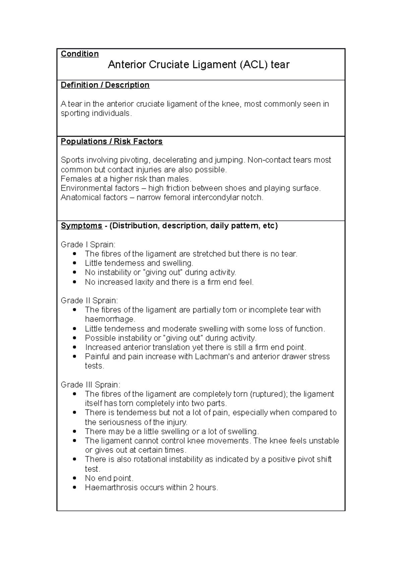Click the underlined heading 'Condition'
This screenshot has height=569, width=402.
(79, 54)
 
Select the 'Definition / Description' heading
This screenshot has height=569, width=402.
(105, 85)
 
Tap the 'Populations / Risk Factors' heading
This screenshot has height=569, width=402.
(112, 141)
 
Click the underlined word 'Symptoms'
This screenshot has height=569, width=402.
(81, 226)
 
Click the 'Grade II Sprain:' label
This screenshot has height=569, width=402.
(89, 301)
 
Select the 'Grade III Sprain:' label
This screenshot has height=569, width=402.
(90, 385)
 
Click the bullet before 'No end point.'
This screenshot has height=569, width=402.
(74, 478)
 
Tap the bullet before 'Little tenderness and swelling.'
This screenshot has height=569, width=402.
(74, 263)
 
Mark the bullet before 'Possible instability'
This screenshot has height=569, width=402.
(74, 338)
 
